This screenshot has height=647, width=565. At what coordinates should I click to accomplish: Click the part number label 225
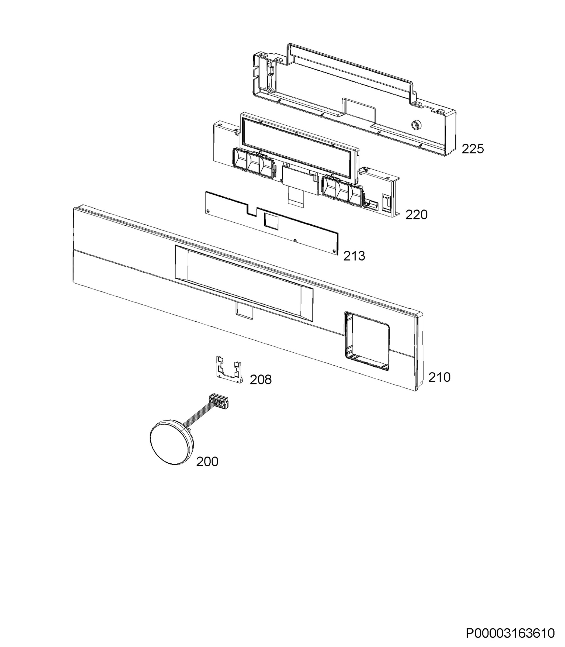472,149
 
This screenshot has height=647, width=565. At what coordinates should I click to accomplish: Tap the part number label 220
416,215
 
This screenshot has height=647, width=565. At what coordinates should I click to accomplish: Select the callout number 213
354,256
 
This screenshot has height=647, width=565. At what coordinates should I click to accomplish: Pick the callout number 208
261,380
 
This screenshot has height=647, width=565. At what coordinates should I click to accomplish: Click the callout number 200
207,462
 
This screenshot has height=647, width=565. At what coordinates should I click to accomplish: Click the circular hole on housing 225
415,125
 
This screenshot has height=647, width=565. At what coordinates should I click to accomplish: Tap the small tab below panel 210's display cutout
244,311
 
